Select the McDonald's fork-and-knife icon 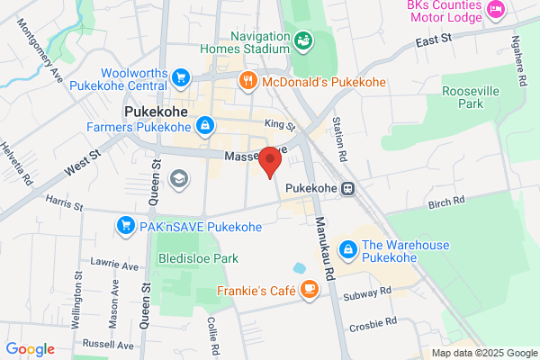pos(248,82)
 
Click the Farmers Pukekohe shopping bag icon pos(205,124)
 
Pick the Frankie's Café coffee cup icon pos(309,289)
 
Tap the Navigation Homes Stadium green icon pos(303,40)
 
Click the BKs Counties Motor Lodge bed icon pos(494,9)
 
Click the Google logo pos(31,349)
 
